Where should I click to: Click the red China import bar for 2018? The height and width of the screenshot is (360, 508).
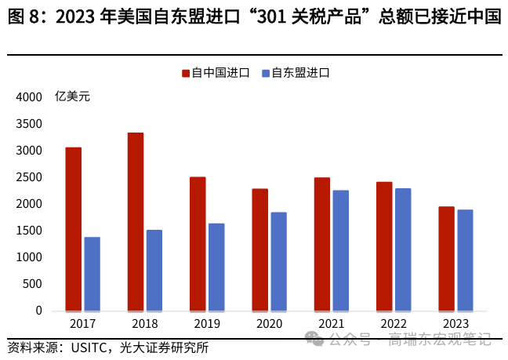pos(136,222)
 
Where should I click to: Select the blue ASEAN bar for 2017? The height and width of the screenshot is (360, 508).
pos(92,274)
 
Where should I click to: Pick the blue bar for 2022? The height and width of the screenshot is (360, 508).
pos(403,249)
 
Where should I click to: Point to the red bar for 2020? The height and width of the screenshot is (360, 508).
pos(259,249)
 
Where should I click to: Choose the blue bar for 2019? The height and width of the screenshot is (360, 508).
pos(216,267)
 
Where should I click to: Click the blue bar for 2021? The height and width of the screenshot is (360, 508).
pos(341,250)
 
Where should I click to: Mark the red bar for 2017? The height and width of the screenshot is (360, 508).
pos(73,229)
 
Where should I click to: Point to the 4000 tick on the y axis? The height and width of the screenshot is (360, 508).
pos(28,97)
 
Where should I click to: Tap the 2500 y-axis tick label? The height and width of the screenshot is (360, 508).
pos(28,177)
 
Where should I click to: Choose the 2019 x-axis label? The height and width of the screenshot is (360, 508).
pos(206,324)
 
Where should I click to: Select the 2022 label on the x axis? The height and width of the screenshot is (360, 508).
pos(393,324)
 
